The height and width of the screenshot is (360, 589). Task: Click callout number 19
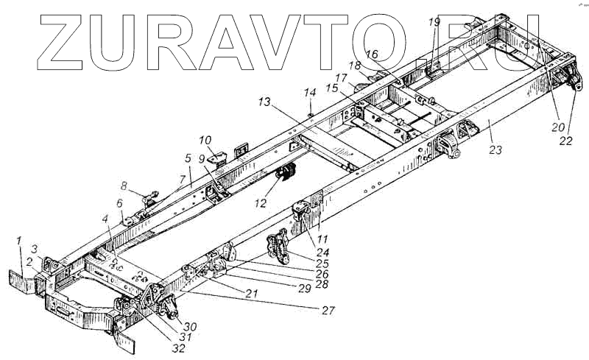[434, 21]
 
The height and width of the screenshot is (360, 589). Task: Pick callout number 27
[328, 311]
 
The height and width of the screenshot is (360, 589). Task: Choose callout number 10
[205, 139]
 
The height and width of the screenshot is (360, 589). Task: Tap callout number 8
[124, 186]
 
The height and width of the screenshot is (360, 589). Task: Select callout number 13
[264, 102]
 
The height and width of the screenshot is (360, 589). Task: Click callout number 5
[188, 158]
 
